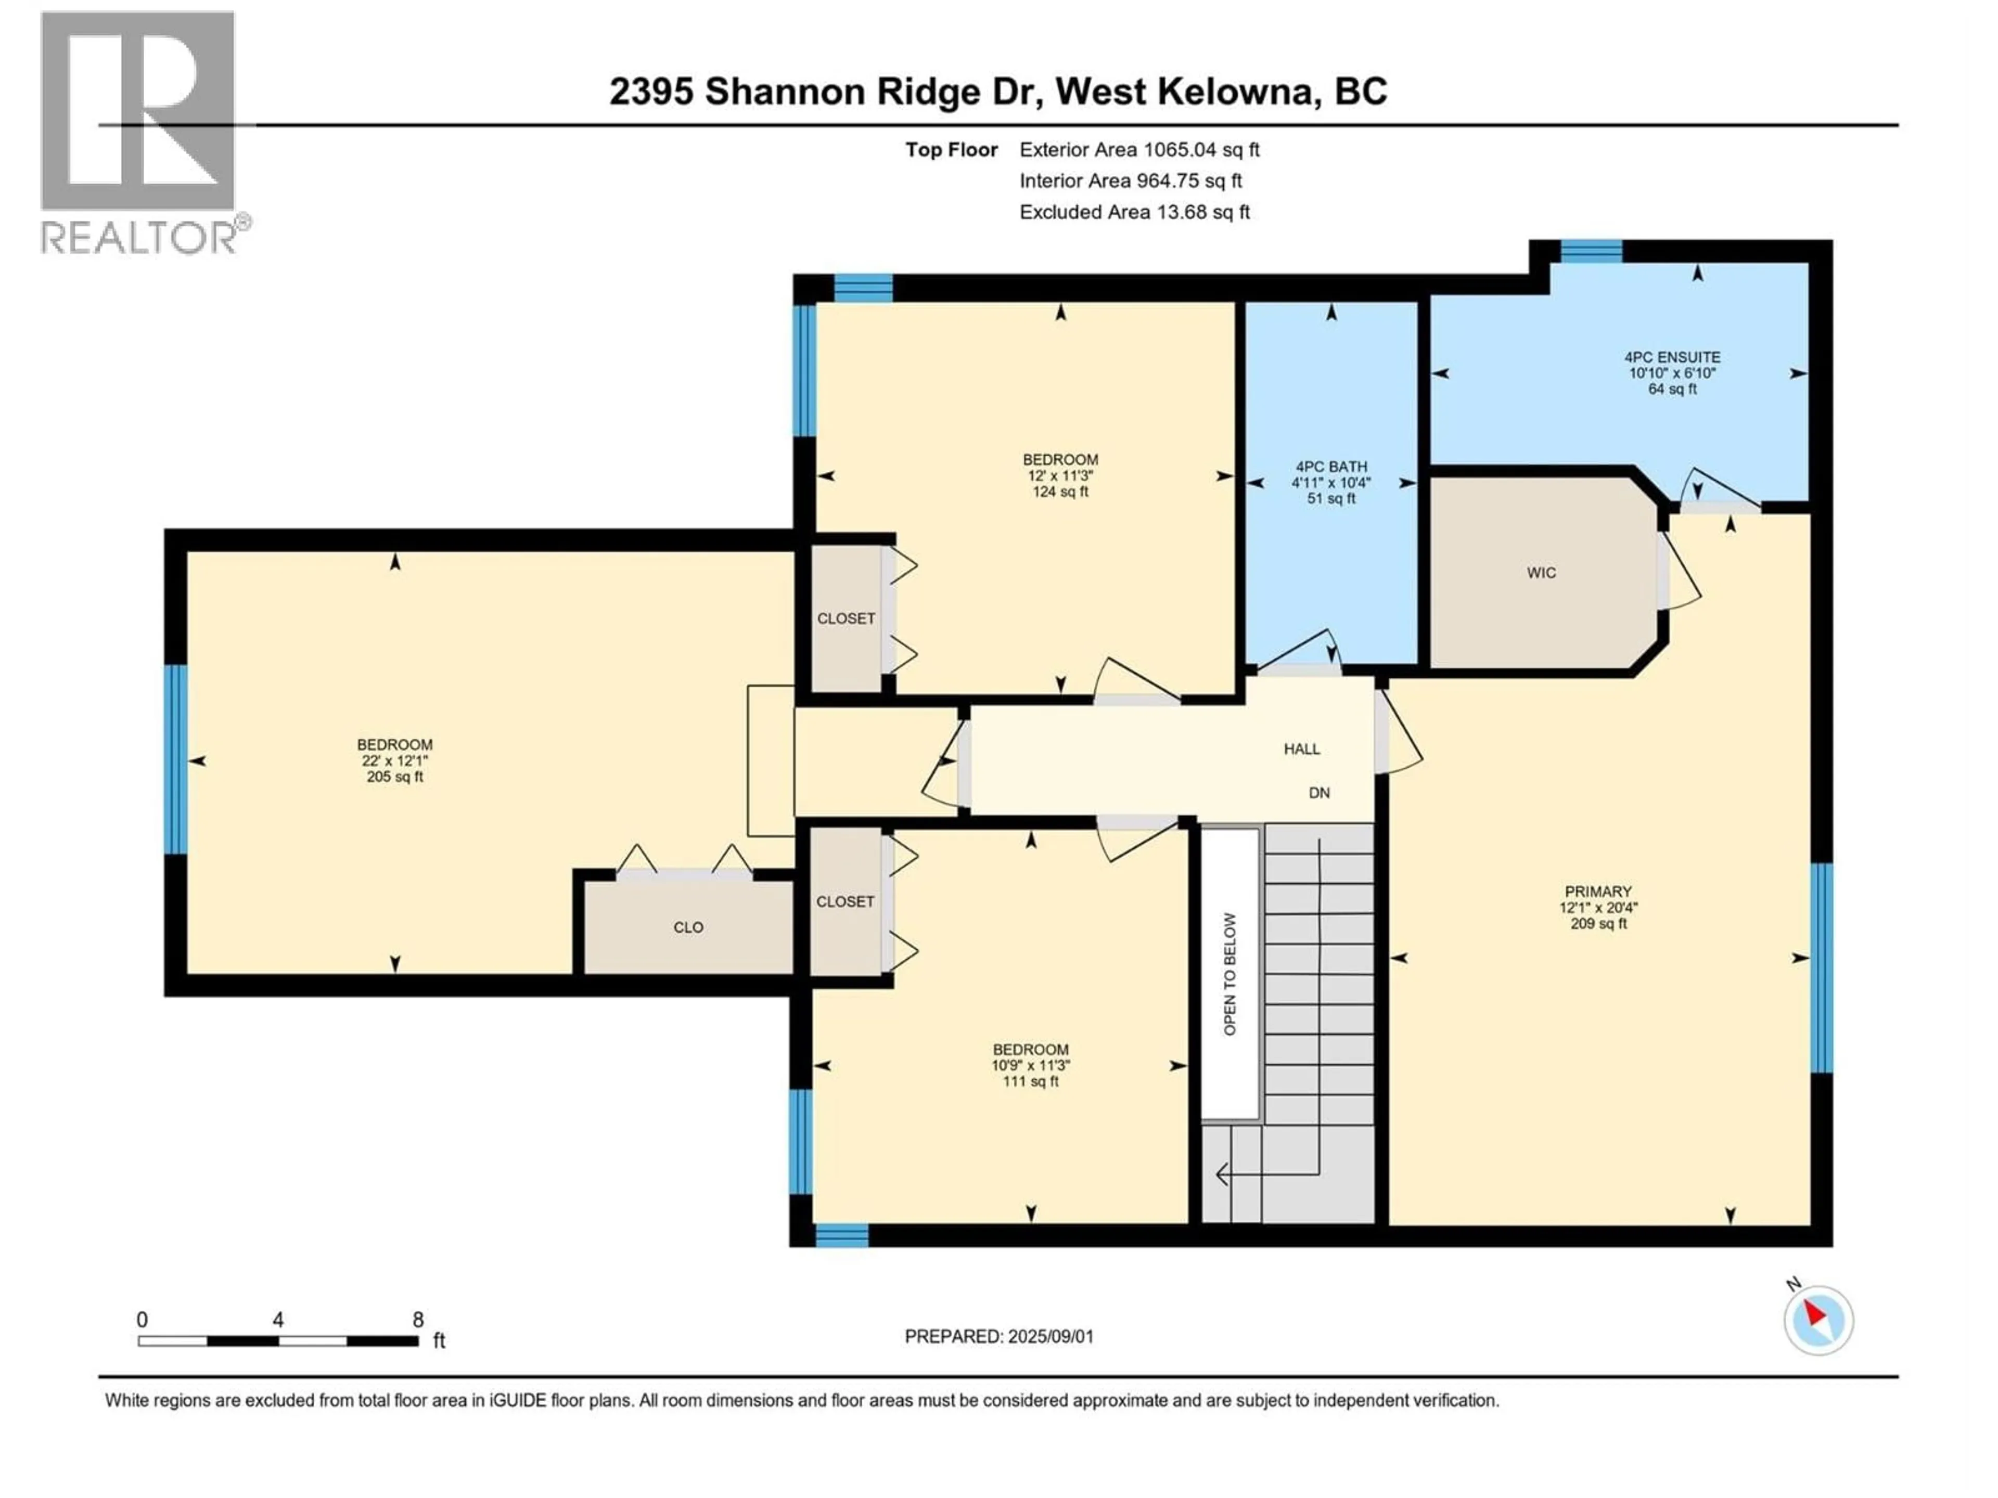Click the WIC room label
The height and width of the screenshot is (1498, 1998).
(1541, 573)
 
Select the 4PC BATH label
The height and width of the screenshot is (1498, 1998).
(1331, 467)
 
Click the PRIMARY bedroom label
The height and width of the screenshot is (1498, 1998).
(1598, 891)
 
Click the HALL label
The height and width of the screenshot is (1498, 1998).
(1302, 748)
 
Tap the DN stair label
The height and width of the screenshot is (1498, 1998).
(1319, 793)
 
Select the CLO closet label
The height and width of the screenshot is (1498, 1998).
(688, 927)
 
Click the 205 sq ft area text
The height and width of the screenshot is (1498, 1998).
(395, 777)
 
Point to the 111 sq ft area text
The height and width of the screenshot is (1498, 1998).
(1031, 1082)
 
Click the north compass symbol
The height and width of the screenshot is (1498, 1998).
(1818, 1320)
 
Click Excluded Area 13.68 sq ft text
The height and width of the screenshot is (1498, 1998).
(1134, 212)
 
